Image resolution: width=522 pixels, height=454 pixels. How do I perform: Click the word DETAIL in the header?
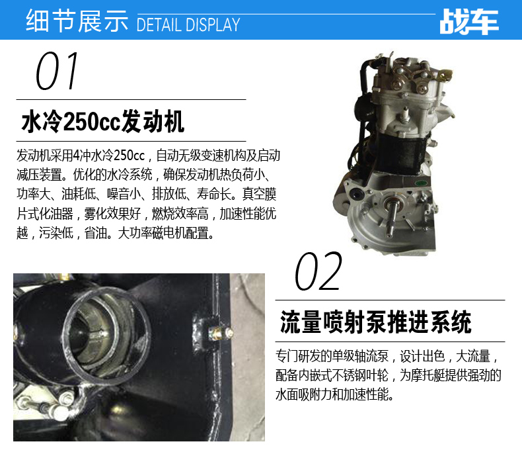(159, 24)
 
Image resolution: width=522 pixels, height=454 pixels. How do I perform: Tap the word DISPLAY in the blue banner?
(213, 24)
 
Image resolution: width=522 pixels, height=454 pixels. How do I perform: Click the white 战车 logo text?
(469, 22)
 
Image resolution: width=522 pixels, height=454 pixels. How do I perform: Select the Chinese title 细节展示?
(77, 21)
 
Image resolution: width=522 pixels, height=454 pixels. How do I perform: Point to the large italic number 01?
(57, 71)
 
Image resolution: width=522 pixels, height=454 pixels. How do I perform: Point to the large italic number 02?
(318, 271)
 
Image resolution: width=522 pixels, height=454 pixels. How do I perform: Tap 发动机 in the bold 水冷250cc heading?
(153, 121)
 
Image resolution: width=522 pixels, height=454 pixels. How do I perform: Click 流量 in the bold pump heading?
(301, 322)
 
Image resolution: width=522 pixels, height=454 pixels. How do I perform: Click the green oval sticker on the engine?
(421, 183)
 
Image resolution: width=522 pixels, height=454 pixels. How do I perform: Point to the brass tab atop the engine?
(445, 75)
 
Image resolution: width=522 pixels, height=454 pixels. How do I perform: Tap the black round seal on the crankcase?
(355, 193)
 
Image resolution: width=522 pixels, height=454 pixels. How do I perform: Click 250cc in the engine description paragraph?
(130, 156)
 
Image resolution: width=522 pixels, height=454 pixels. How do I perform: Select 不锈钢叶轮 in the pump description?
(360, 375)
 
